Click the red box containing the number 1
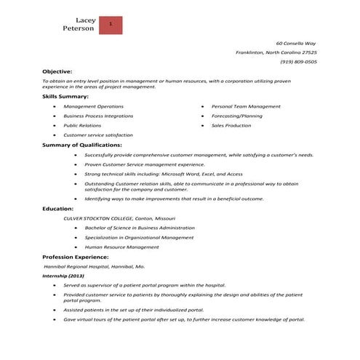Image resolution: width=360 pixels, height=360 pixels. (110, 24)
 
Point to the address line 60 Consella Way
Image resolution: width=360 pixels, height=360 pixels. (296, 44)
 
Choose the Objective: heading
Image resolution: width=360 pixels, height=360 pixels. (57, 71)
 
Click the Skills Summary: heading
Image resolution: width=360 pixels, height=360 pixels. (65, 96)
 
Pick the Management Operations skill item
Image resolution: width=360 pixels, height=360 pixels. (93, 106)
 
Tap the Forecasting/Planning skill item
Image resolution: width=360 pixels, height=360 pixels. (237, 116)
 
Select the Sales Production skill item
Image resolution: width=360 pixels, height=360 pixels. (231, 125)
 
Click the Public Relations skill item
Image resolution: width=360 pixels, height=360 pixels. (82, 125)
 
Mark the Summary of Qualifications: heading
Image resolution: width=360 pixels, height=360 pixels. (81, 145)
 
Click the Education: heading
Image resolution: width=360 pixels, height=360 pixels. (58, 209)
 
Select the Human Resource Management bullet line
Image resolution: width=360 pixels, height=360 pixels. (121, 247)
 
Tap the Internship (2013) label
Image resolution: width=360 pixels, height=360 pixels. (63, 276)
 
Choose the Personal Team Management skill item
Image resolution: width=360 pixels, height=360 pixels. (246, 106)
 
